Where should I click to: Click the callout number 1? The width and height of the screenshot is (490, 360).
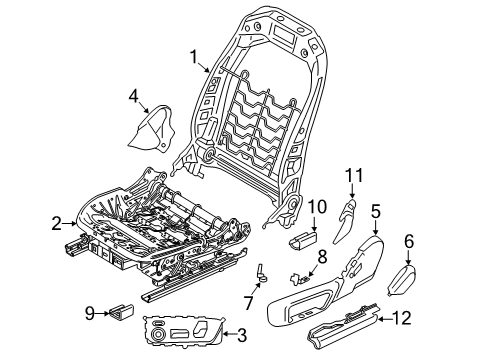click(194, 57)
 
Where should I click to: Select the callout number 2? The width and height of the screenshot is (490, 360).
click(57, 223)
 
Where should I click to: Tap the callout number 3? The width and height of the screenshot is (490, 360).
click(241, 335)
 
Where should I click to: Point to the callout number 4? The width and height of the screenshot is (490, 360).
click(133, 96)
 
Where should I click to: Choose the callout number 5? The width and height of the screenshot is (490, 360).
click(376, 212)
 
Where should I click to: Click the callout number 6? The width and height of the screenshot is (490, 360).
click(409, 241)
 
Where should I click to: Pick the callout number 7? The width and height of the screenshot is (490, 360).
click(249, 302)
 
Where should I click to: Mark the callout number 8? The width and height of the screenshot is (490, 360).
click(322, 257)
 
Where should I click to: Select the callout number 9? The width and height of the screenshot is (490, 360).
click(90, 313)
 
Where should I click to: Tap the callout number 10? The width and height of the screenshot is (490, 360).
click(317, 207)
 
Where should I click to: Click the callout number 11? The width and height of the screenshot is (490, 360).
click(354, 175)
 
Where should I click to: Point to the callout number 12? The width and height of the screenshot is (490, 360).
click(401, 318)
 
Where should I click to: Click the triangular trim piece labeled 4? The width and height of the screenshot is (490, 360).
click(152, 128)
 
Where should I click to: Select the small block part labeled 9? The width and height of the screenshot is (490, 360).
click(122, 311)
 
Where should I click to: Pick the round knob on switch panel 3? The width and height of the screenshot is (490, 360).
click(159, 333)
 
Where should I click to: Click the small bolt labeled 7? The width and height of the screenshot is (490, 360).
click(262, 272)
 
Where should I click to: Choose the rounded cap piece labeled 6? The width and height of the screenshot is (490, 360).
click(403, 280)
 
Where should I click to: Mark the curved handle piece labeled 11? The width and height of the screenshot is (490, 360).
click(345, 221)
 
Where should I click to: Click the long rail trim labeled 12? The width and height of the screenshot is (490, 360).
click(345, 325)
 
